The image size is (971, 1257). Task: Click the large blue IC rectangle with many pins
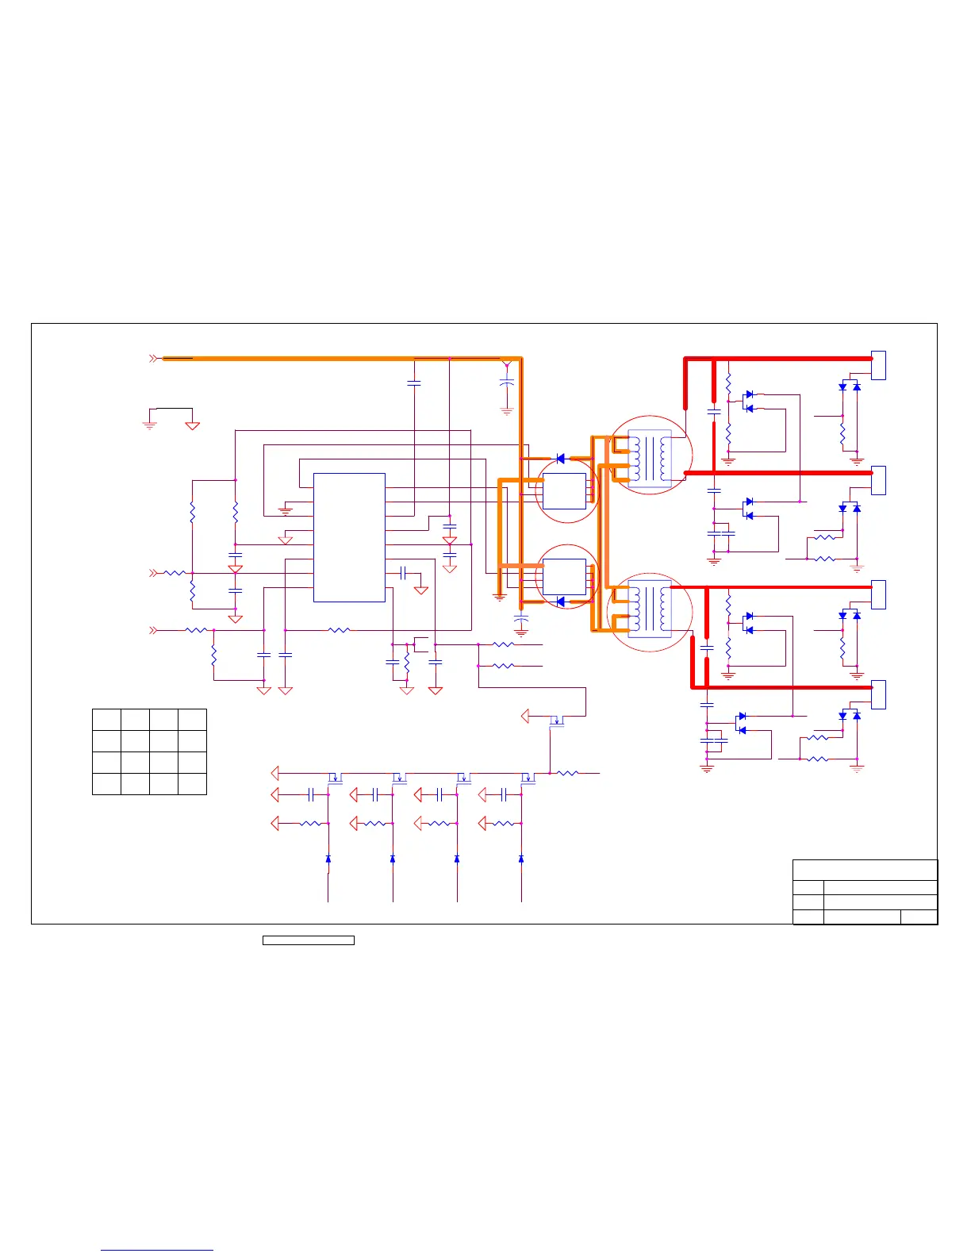349,537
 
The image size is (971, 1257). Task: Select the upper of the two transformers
650,456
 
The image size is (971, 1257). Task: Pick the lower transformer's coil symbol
650,611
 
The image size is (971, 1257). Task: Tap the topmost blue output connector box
878,365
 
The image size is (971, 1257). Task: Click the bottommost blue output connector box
878,694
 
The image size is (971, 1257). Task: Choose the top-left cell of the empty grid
106,720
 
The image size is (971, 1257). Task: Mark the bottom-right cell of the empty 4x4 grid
192,784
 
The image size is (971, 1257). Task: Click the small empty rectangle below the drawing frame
308,940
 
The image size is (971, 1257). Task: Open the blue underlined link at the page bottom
157,1250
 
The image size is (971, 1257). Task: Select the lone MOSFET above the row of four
557,721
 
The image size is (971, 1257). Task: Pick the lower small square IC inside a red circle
565,577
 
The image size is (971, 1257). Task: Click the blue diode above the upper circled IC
560,459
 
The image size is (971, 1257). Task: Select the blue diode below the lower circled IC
560,602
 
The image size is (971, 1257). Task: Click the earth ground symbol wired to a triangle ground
149,425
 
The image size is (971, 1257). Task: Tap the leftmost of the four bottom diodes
328,859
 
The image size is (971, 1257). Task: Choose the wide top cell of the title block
865,870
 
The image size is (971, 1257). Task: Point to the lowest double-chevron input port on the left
153,630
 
